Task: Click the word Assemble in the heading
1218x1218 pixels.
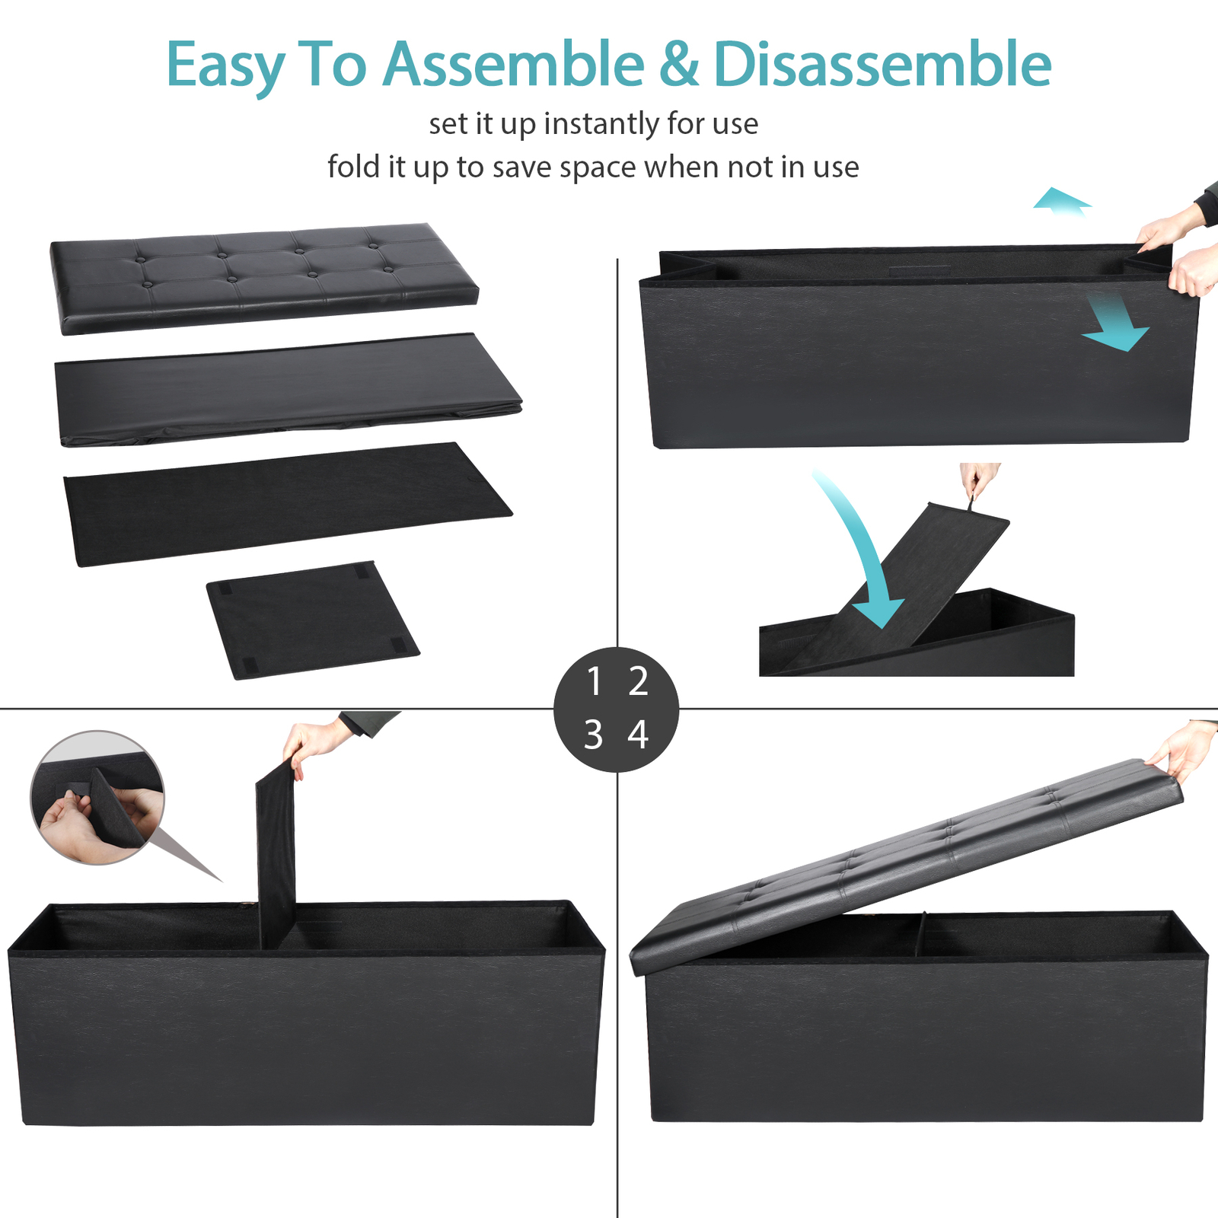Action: (x=513, y=65)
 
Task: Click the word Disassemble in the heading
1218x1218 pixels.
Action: (x=882, y=65)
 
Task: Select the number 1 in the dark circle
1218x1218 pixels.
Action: (x=595, y=681)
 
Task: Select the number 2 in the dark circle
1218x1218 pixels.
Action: (x=638, y=681)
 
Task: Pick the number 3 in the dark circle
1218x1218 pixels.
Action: (x=594, y=735)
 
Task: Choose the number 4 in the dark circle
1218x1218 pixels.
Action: (x=638, y=735)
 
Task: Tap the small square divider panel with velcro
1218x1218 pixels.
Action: (x=312, y=620)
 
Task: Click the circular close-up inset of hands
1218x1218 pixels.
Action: (x=97, y=798)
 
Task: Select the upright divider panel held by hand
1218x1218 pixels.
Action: (x=276, y=853)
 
